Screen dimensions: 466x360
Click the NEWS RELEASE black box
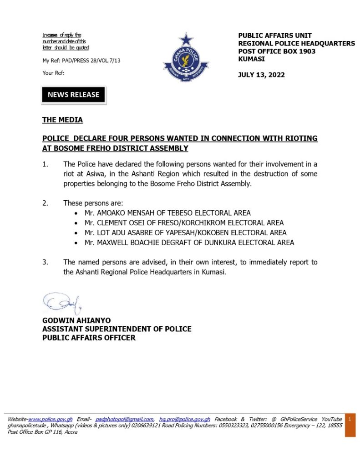click(x=74, y=95)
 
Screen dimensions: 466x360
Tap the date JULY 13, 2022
click(x=261, y=75)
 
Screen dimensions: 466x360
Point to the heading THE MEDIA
click(x=62, y=120)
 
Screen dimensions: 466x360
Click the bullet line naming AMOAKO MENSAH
click(x=167, y=213)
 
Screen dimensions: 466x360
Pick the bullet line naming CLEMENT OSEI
click(x=184, y=223)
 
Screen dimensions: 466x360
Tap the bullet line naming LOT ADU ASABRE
click(x=185, y=233)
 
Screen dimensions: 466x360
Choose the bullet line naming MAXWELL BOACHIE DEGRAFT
click(x=189, y=243)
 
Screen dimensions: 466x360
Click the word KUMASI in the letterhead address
click(x=251, y=59)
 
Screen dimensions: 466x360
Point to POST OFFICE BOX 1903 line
click(x=277, y=51)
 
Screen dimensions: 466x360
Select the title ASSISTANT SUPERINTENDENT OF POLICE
click(x=117, y=329)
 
